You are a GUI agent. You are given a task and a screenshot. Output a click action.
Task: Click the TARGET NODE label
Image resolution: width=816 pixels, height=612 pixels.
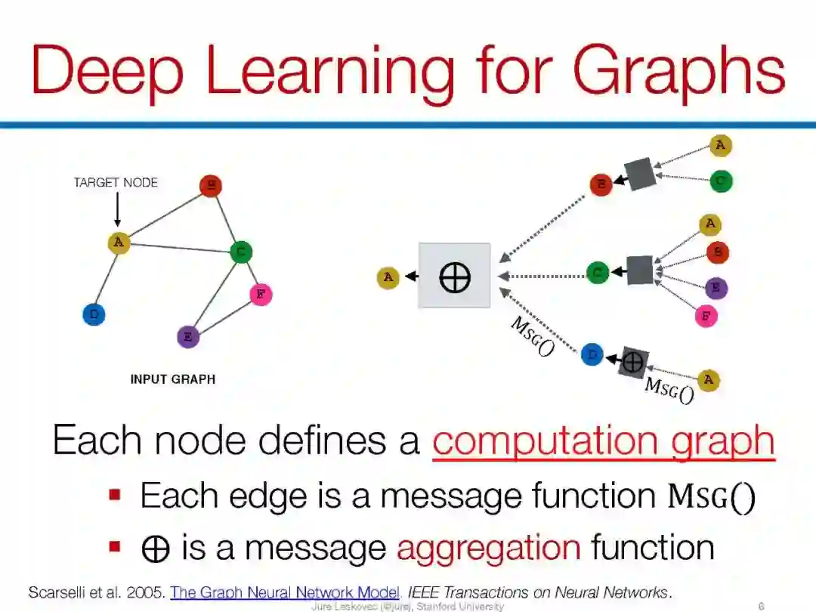pos(116,182)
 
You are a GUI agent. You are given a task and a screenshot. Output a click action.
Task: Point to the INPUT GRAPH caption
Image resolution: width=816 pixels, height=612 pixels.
pos(172,379)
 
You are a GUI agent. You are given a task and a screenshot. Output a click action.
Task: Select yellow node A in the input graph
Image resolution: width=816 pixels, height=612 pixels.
pos(118,243)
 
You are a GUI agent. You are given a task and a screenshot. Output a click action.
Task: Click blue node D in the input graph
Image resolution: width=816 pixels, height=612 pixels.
pos(94,314)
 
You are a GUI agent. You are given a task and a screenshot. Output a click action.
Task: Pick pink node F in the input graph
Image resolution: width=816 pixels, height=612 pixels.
pos(260,294)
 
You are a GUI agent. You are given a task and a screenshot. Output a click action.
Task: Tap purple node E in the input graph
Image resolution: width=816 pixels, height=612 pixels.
pos(187,336)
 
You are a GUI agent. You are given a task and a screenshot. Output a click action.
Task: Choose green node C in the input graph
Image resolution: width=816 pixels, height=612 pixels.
pos(240,252)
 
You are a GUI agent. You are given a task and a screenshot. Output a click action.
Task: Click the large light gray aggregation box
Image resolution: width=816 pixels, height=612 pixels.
pos(454,276)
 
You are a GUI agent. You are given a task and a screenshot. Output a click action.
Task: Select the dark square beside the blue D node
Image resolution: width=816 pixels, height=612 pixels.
pos(632,363)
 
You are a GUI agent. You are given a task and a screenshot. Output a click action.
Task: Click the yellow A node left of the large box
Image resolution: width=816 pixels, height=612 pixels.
pos(388,277)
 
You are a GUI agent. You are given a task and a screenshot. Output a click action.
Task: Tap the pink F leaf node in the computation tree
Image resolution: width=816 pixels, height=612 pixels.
pos(706,316)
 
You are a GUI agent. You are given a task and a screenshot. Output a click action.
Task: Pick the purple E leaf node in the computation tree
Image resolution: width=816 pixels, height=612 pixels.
pos(716,288)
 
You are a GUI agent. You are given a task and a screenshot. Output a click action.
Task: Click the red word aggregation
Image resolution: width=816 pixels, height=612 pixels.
pos(488,546)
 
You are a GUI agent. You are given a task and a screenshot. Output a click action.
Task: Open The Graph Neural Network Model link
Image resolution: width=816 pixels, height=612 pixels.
pos(284,592)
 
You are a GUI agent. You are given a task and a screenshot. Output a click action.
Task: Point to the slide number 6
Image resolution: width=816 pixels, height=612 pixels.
pos(761,606)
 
